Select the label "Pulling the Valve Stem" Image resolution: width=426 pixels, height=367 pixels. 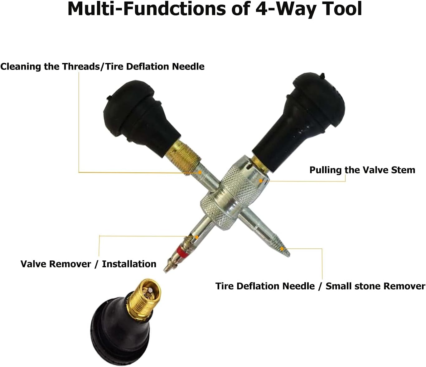tap(362, 170)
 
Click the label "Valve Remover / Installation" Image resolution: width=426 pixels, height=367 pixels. tap(88, 264)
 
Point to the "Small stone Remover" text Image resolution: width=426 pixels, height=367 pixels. tap(375, 286)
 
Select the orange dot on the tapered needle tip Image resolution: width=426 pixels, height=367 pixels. tap(282, 249)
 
